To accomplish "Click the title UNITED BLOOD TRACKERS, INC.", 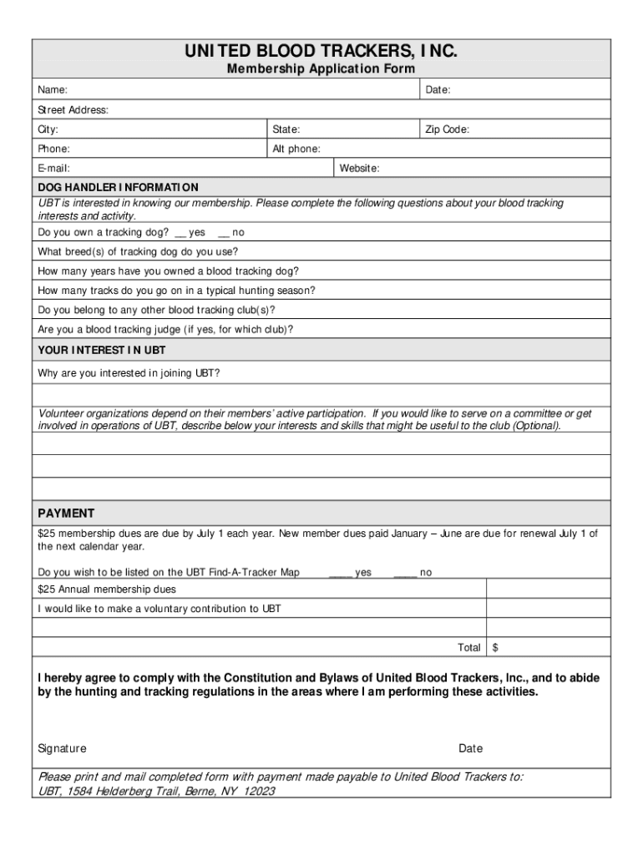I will pyautogui.click(x=321, y=53).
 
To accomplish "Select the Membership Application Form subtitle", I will pyautogui.click(x=321, y=70).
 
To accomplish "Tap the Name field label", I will pyautogui.click(x=53, y=90).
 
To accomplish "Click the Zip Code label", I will pyautogui.click(x=448, y=129).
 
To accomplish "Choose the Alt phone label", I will pyautogui.click(x=296, y=149).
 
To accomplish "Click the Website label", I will pyautogui.click(x=359, y=169).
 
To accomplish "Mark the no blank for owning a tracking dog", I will pyautogui.click(x=224, y=232).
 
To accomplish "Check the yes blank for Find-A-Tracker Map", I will pyautogui.click(x=340, y=573).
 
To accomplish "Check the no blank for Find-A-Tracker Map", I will pyautogui.click(x=405, y=573).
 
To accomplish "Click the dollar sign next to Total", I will pyautogui.click(x=495, y=648).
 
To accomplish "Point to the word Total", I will pyautogui.click(x=468, y=648).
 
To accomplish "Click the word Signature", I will pyautogui.click(x=63, y=749).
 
